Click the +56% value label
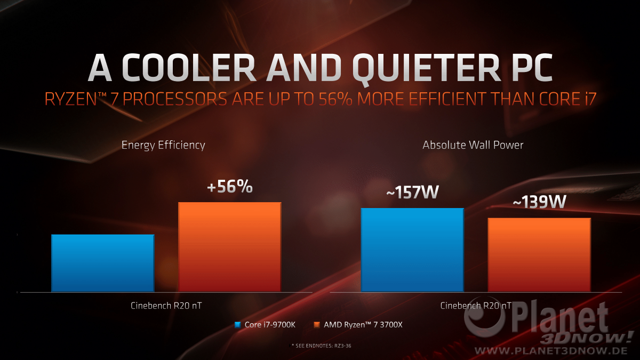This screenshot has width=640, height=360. click(230, 187)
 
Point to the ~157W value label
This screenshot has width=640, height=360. click(412, 193)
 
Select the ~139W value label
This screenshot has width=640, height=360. click(539, 203)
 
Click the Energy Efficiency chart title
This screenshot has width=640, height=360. click(163, 145)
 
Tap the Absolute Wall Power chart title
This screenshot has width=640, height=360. click(473, 145)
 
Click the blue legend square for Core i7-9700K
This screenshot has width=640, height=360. click(238, 324)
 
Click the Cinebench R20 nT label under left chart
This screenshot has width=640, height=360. click(166, 306)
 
